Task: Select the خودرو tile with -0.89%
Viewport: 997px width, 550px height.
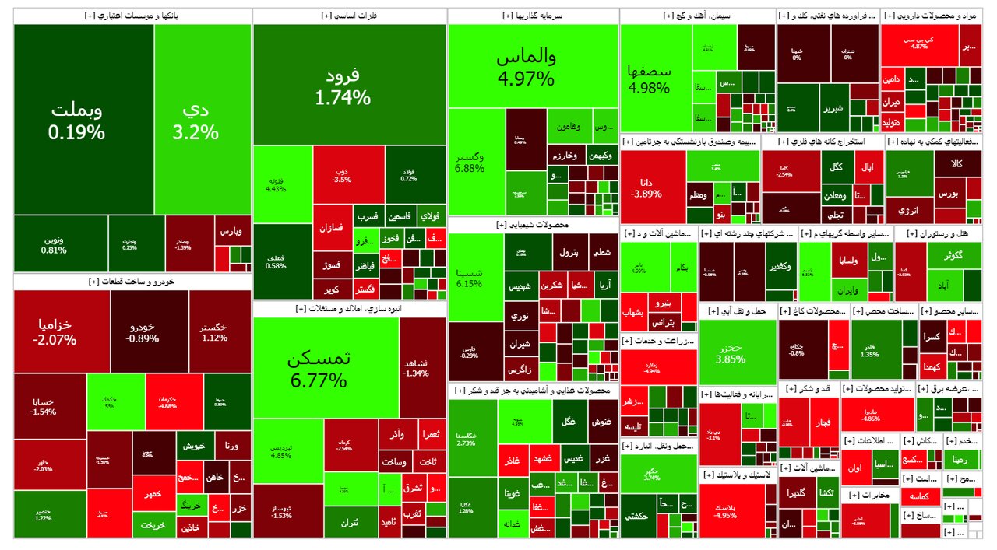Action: click(149, 331)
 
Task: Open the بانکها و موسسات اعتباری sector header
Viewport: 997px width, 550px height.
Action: click(132, 16)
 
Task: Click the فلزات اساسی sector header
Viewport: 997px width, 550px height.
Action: click(350, 16)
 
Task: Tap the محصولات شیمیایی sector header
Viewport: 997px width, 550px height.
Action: click(533, 224)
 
